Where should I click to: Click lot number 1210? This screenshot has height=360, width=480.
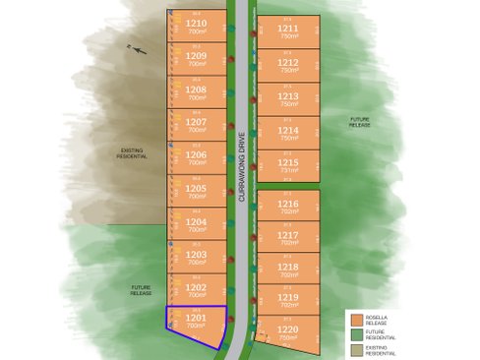(196, 23)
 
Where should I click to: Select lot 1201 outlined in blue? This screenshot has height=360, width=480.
(196, 322)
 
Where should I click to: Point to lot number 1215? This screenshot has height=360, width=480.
(288, 162)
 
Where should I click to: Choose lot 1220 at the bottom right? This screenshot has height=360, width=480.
(288, 330)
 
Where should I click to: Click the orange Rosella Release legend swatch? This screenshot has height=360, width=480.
(357, 319)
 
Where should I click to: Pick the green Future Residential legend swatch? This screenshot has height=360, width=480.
(357, 334)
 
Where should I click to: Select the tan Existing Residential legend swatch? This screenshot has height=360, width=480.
(357, 350)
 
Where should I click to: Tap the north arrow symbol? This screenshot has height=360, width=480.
(138, 49)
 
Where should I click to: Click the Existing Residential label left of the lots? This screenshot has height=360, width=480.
(132, 153)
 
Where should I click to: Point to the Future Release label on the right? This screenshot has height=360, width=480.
(361, 123)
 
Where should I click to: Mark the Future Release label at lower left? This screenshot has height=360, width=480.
(142, 291)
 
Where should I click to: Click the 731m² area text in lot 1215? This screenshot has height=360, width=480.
(288, 170)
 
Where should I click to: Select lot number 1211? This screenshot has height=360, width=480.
(288, 30)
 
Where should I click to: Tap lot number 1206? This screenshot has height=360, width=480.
(196, 154)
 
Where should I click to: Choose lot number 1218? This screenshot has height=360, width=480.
(288, 267)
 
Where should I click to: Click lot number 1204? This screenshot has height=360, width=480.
(196, 221)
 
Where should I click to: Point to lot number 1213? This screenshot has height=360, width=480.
(288, 96)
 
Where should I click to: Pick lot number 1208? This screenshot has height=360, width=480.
(196, 89)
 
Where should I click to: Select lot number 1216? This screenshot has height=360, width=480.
(288, 203)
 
